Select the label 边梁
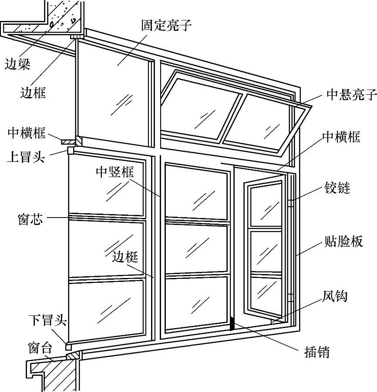tap(17, 65)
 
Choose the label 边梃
tap(125, 257)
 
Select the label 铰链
tap(338, 188)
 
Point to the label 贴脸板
tap(344, 241)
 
